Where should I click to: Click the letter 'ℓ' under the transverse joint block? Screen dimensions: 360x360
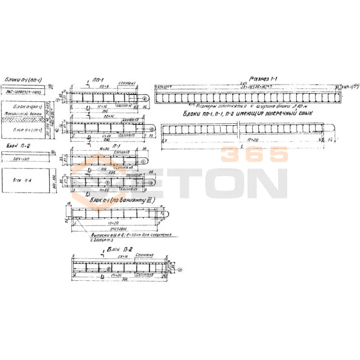point(242,146)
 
